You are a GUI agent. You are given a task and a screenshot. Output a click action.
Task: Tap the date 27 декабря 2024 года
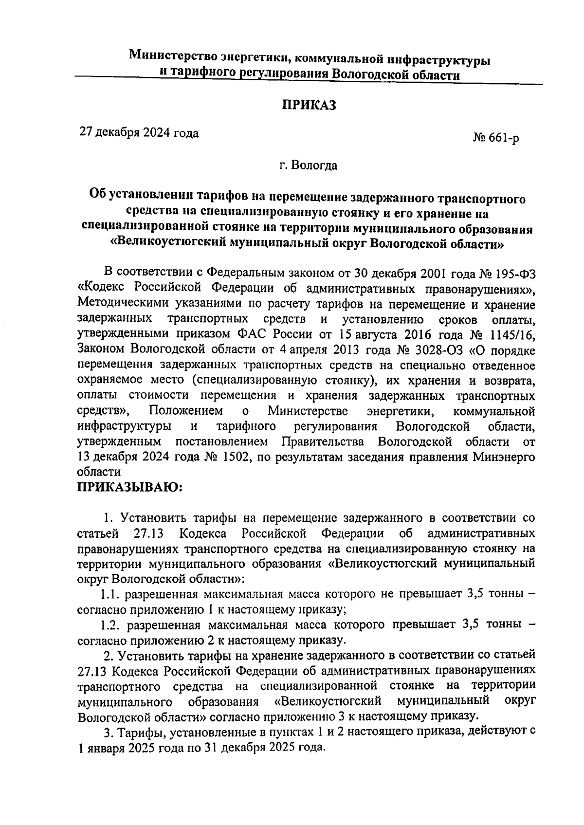(x=139, y=133)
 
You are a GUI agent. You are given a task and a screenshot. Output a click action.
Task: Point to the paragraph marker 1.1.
(x=109, y=595)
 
